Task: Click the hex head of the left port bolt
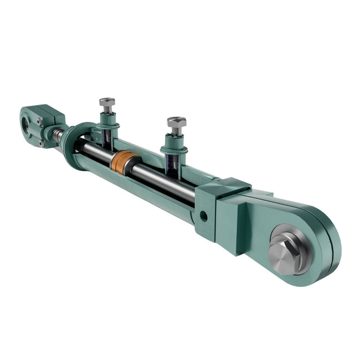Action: [x=107, y=102]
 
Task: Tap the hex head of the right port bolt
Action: [x=176, y=122]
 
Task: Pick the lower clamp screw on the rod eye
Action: [x=42, y=142]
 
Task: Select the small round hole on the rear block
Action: [x=204, y=215]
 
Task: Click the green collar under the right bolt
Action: [x=174, y=148]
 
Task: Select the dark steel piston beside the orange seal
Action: [x=134, y=168]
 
